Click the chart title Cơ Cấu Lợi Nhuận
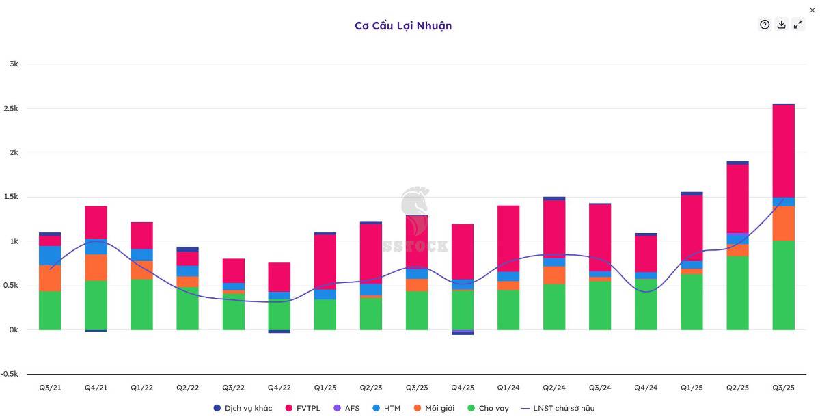click(403, 26)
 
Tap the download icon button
click(782, 25)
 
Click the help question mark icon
click(765, 25)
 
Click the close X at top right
click(812, 10)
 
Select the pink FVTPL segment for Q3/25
click(783, 151)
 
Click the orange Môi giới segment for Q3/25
click(783, 224)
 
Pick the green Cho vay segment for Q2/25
click(737, 293)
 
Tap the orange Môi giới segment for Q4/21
click(96, 267)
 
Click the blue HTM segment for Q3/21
click(50, 255)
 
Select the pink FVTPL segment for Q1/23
click(325, 262)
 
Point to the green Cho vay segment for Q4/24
click(646, 304)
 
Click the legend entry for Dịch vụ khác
click(243, 408)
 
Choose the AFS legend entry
click(346, 408)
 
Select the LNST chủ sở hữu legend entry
click(558, 408)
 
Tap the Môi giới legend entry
click(434, 408)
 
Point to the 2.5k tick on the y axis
click(11, 109)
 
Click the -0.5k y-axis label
click(10, 374)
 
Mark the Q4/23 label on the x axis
click(463, 388)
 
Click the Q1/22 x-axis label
click(141, 388)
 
